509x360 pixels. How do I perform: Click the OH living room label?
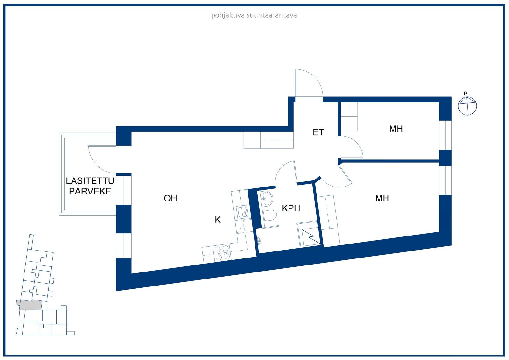tap(170, 198)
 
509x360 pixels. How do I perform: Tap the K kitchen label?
tap(218, 220)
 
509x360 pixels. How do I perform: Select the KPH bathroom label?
tap(291, 208)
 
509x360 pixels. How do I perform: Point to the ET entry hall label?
tap(318, 132)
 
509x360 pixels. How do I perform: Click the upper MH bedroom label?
tap(396, 129)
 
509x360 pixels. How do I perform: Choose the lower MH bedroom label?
tap(382, 198)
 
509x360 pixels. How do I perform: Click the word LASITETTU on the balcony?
tap(90, 181)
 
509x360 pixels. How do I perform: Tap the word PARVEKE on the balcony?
tap(90, 191)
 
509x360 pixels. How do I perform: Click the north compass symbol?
tap(468, 106)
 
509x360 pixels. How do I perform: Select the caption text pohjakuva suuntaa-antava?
tap(254, 15)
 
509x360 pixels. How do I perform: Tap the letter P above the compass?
tap(466, 94)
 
